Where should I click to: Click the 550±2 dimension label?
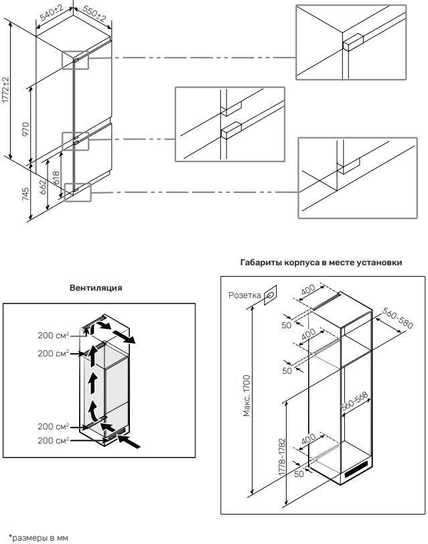94,14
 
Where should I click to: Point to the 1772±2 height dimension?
5,90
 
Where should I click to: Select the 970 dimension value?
26,129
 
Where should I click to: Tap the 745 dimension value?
25,194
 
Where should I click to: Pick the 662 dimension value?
42,187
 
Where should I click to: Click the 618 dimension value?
56,178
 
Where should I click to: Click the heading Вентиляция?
96,287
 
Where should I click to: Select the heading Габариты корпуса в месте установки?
322,263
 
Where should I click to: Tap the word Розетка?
244,295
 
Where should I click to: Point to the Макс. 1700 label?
246,395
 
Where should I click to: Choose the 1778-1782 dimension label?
282,457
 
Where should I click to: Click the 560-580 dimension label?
398,318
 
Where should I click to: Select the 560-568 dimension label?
354,401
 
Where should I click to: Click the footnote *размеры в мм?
38,538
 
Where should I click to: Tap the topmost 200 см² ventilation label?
53,336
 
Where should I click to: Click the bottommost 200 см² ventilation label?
53,440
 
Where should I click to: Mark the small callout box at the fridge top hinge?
75,60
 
